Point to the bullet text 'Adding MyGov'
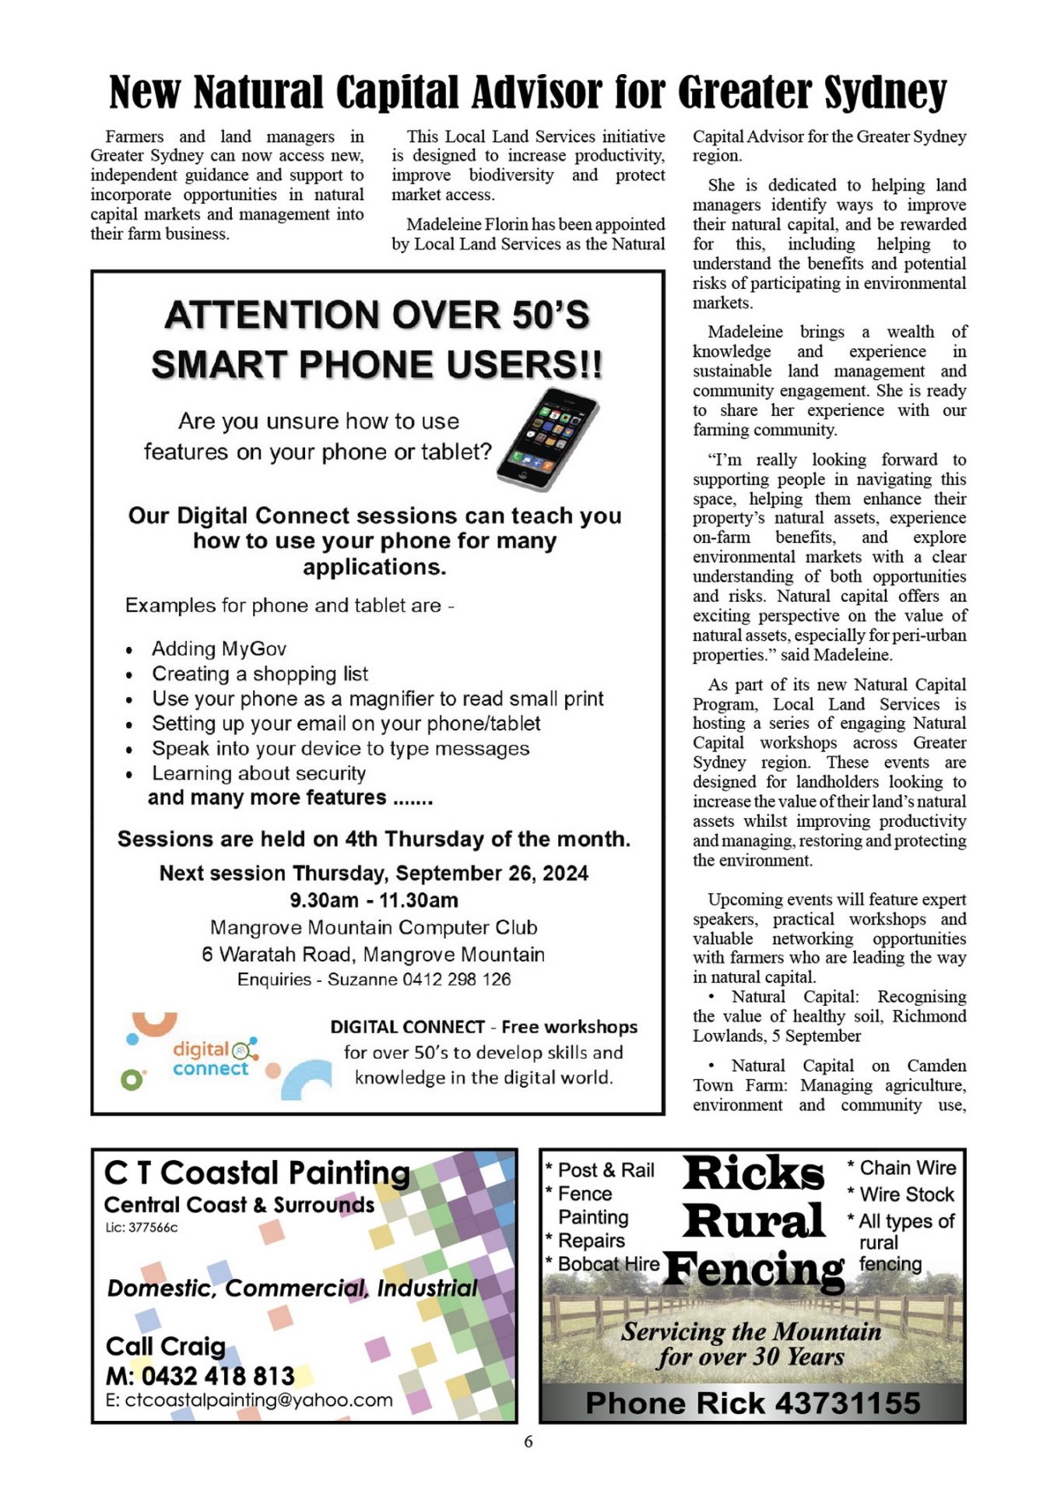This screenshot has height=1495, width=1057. pos(219,649)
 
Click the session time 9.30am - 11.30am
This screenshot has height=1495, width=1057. pos(374,900)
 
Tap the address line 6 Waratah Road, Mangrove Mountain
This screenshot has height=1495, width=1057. pos(373,955)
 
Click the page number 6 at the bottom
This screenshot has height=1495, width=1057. pos(528,1441)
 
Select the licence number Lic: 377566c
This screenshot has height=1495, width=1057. pos(142,1228)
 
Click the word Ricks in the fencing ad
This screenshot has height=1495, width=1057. pos(753,1173)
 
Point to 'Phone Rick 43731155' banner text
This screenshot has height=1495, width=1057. pos(752,1403)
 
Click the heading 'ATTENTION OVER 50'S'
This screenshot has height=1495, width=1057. pos(377,315)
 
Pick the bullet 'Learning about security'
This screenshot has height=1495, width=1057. pos(258,773)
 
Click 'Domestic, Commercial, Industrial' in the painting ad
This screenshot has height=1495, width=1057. pos(292,1289)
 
